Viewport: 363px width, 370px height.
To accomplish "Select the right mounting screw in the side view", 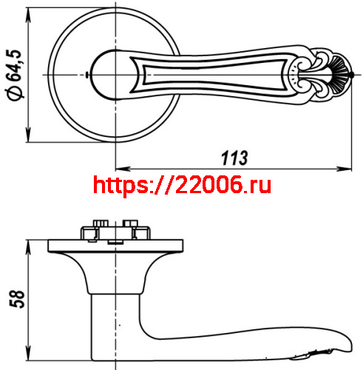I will pyautogui.click(x=134, y=227).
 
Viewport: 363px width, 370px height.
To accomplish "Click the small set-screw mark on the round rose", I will pyautogui.click(x=89, y=76).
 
